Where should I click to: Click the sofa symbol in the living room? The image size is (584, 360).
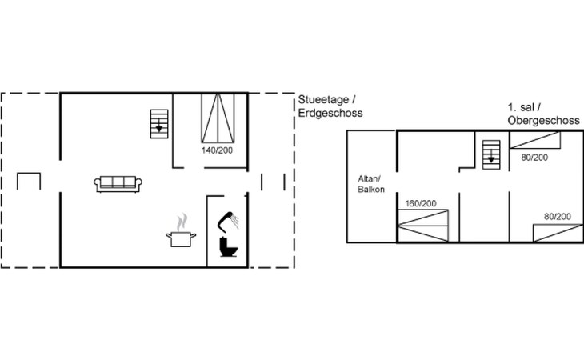click(118, 184)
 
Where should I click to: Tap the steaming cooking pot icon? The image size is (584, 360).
click(181, 230)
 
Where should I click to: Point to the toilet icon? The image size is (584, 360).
click(228, 246)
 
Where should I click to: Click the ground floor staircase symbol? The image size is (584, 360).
click(159, 124)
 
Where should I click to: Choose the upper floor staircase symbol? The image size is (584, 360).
click(491, 154)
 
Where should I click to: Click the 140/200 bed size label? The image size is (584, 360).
click(217, 150)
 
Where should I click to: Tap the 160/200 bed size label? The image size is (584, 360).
click(421, 204)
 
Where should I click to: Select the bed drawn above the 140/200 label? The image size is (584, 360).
click(218, 118)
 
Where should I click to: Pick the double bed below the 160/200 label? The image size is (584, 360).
click(423, 226)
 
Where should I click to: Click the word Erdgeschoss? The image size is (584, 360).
click(330, 113)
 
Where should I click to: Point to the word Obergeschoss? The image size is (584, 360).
click(544, 121)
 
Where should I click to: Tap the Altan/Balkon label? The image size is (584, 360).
click(371, 184)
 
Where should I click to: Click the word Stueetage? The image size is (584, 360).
click(324, 100)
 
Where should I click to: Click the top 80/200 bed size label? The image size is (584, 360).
click(534, 158)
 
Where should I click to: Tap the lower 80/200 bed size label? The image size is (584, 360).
click(558, 217)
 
